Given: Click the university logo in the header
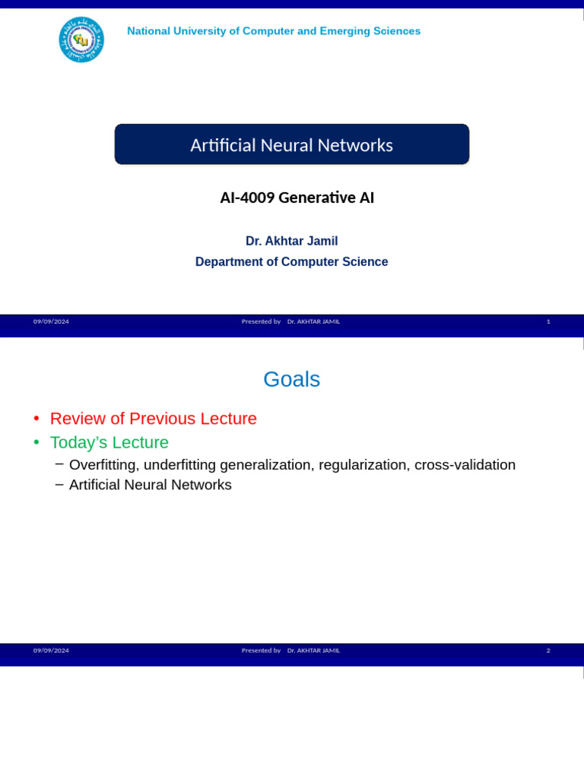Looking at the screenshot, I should (81, 40).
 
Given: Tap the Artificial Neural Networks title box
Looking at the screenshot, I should (292, 144).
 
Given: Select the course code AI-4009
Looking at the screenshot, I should (247, 198).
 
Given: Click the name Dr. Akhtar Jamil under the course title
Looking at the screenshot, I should (291, 241).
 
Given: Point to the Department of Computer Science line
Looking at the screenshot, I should (291, 261).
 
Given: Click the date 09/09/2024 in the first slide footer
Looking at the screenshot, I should (51, 321).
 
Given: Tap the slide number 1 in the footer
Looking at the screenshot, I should (548, 321).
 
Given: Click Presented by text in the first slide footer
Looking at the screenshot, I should (261, 321).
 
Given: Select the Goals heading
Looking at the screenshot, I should (291, 379).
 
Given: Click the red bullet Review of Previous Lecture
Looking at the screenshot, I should (154, 419).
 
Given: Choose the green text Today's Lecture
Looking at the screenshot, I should (109, 442).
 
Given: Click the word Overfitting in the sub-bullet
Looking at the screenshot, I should (102, 465).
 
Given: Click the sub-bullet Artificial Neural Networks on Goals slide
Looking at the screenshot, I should (151, 485).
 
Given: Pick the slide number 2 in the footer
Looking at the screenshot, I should (548, 650).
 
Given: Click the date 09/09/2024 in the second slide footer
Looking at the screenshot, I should (51, 650).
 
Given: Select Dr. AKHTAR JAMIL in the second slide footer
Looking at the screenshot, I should (313, 650).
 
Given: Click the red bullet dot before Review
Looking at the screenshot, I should (36, 419).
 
